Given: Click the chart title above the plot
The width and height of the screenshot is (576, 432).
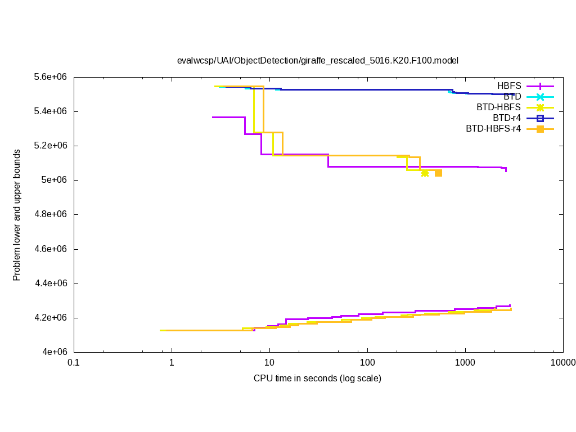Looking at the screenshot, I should point(318,60).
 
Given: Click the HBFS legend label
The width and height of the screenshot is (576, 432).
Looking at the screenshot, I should point(509,86).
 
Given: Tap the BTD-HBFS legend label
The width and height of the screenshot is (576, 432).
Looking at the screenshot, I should point(498,107).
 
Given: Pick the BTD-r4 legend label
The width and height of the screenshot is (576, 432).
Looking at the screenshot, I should point(506,118).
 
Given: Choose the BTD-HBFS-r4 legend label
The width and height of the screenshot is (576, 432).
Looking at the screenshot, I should point(493,129).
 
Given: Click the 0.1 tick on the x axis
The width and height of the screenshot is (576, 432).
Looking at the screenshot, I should point(74,363).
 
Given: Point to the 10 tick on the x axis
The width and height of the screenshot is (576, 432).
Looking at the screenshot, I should point(269,363).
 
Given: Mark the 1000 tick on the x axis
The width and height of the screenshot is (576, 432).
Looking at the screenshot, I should point(465,363).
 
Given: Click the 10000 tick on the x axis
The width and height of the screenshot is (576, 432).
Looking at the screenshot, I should point(562,363).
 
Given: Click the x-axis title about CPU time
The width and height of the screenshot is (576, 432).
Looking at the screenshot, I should point(317,379).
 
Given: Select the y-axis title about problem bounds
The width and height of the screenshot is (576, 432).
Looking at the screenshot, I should point(17,215).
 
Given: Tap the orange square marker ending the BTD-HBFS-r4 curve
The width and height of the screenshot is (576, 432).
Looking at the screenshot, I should point(438,173).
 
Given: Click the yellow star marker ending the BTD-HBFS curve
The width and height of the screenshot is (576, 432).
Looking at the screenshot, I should point(425,173).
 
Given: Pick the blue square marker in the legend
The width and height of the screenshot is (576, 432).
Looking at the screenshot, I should point(540,118).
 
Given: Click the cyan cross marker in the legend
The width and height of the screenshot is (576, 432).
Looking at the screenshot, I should point(540,97).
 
